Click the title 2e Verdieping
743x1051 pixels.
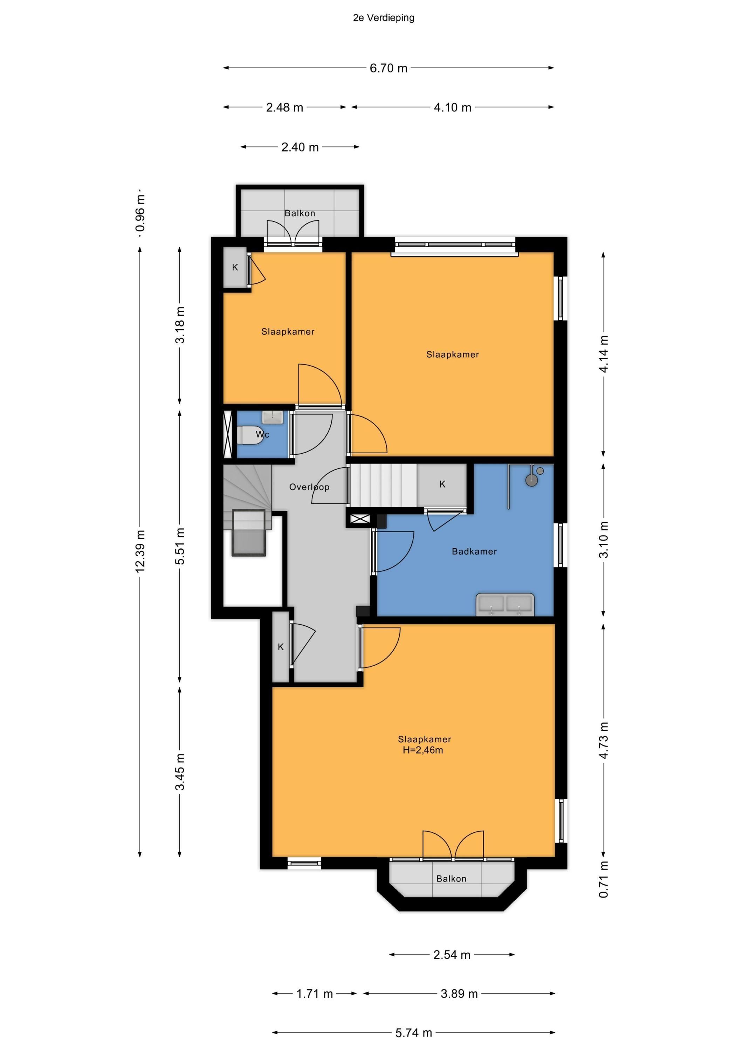point(384,18)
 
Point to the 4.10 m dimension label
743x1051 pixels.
point(452,108)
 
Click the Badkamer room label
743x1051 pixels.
point(474,551)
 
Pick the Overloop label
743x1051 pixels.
point(309,487)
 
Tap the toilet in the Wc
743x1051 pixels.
point(249,435)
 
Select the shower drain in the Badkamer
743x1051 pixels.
point(531,480)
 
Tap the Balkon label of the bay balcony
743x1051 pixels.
point(452,878)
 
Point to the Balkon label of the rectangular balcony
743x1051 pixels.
point(300,213)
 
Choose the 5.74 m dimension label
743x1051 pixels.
point(413,1033)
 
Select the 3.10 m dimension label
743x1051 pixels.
point(604,540)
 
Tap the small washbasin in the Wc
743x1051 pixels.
point(273,417)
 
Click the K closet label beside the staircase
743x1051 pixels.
point(442,484)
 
